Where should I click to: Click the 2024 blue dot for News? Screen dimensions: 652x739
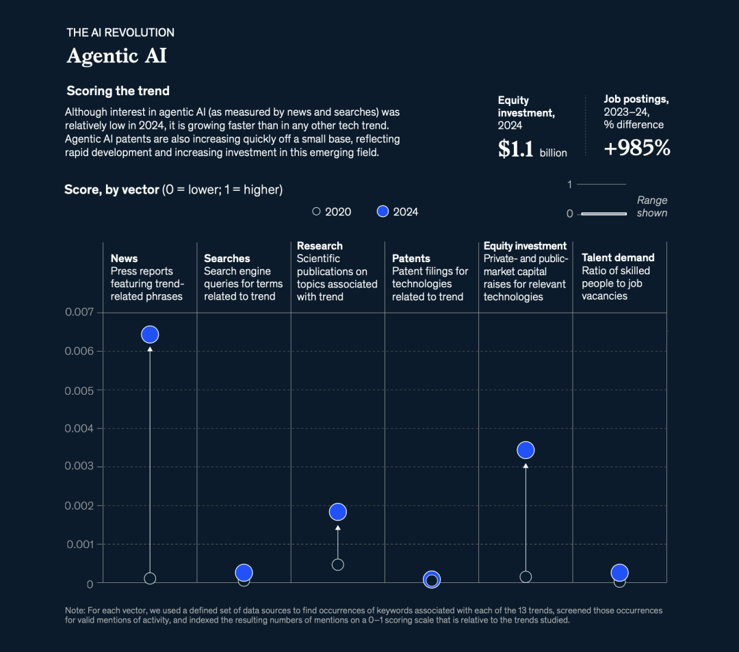(150, 335)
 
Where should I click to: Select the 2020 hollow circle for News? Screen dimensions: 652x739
(150, 578)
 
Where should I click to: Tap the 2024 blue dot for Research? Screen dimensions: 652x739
(337, 512)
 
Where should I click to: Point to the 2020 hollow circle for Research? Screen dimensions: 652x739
(337, 564)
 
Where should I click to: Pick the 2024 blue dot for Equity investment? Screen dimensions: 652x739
(526, 450)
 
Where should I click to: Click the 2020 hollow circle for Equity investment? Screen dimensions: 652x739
(526, 577)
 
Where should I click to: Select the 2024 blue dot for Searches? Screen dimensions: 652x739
(244, 573)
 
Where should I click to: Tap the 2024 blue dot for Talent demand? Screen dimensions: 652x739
(619, 573)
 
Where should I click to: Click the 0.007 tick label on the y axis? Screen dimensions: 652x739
(79, 313)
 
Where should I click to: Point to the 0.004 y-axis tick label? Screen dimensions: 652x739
(79, 428)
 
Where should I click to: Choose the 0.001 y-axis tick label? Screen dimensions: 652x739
(79, 545)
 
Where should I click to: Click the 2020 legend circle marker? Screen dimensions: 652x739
(316, 211)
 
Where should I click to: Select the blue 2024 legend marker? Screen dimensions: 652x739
(383, 211)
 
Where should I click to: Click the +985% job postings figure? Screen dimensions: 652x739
(636, 148)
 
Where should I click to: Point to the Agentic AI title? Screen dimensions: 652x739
(116, 55)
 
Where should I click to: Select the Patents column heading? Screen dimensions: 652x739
(411, 259)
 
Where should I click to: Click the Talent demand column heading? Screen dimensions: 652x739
(618, 258)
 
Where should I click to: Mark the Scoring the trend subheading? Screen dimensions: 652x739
(118, 91)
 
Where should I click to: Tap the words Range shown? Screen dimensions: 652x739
(651, 207)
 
